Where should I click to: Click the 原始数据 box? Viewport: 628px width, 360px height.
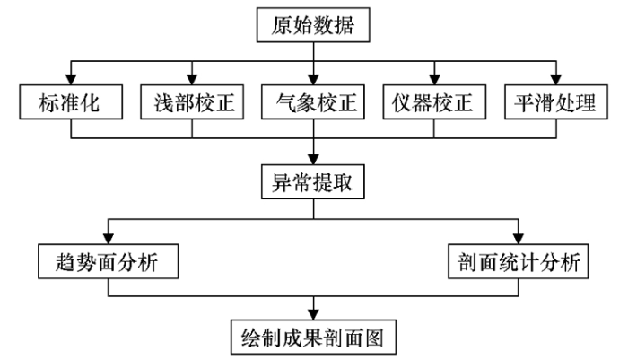[x=313, y=25]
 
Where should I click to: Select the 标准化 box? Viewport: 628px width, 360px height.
[x=71, y=101]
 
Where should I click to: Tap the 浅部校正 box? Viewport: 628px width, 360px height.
[x=192, y=101]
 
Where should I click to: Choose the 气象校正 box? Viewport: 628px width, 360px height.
[x=313, y=101]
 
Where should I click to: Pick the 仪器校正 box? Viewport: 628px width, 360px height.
[x=434, y=101]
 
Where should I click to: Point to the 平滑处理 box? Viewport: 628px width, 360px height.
[x=556, y=101]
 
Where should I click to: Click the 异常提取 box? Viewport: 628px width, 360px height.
[x=313, y=181]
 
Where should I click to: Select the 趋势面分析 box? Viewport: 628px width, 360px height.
[x=109, y=261]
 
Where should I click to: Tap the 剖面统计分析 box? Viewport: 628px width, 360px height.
[x=518, y=261]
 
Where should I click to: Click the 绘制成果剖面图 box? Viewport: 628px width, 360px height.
[x=313, y=338]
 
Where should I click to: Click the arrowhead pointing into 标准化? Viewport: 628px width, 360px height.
[x=71, y=79]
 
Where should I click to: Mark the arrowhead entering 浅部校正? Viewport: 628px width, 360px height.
[x=192, y=79]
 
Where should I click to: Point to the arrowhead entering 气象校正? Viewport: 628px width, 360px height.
[x=313, y=79]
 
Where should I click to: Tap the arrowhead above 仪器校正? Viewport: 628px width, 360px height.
[x=434, y=79]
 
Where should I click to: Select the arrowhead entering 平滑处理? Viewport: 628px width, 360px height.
[x=556, y=79]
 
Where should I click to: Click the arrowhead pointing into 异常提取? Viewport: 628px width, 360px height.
[x=313, y=159]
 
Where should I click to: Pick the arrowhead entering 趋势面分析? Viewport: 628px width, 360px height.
[x=109, y=239]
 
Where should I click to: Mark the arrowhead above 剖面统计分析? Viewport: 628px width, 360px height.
[x=519, y=239]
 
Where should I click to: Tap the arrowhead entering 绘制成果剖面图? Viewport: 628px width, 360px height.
[x=313, y=315]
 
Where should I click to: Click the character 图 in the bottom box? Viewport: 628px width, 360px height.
[x=374, y=338]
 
